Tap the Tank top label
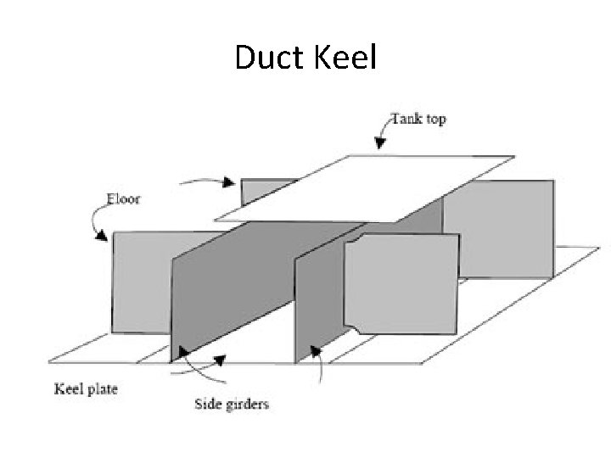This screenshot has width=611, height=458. [418, 119]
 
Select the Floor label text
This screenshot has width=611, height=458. [123, 201]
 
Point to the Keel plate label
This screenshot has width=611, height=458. [86, 389]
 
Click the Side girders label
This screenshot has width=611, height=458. [230, 404]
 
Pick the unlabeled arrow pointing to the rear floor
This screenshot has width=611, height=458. [208, 180]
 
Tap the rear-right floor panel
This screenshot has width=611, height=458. [501, 225]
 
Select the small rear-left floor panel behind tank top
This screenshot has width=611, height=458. [265, 191]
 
